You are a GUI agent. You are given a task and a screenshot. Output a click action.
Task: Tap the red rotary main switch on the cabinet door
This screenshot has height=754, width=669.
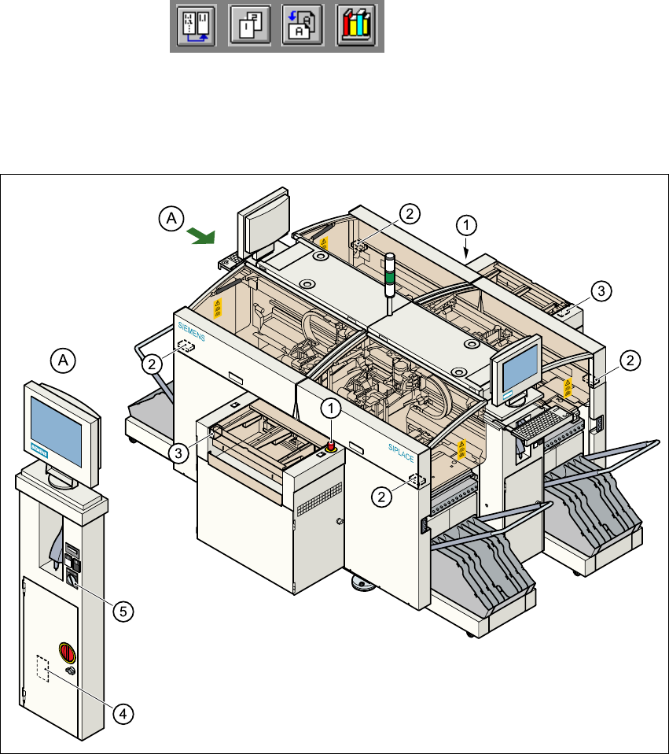pyautogui.click(x=65, y=652)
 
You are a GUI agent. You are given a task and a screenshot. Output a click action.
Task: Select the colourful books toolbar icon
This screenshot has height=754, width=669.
pyautogui.click(x=355, y=28)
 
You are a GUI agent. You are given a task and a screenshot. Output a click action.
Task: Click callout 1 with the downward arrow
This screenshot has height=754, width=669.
pyautogui.click(x=465, y=225)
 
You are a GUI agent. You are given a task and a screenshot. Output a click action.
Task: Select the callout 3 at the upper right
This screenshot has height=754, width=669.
pyautogui.click(x=599, y=292)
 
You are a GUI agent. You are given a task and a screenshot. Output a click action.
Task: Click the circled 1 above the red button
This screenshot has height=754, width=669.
pyautogui.click(x=331, y=408)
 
